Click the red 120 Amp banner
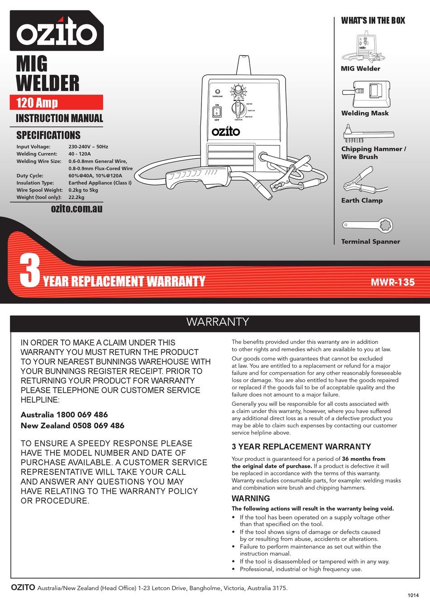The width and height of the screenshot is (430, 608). click(57, 102)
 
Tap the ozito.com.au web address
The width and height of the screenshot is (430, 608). click(76, 209)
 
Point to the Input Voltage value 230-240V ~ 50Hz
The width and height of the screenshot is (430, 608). click(88, 147)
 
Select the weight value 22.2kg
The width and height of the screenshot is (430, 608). click(76, 197)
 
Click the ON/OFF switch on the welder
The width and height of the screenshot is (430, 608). click(217, 112)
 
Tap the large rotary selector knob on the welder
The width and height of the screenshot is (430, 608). click(238, 109)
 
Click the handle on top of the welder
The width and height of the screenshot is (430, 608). click(244, 66)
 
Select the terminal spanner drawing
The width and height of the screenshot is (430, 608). click(367, 225)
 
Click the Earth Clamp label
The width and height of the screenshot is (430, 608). click(362, 201)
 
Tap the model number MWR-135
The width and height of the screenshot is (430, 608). click(392, 282)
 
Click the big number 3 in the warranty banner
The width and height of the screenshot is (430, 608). click(30, 270)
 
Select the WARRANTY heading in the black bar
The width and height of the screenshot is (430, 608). click(218, 322)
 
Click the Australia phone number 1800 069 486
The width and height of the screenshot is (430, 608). click(82, 415)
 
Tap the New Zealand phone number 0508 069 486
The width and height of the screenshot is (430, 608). click(98, 426)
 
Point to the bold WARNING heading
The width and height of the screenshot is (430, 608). click(251, 498)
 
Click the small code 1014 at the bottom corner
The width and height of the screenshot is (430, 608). click(413, 595)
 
